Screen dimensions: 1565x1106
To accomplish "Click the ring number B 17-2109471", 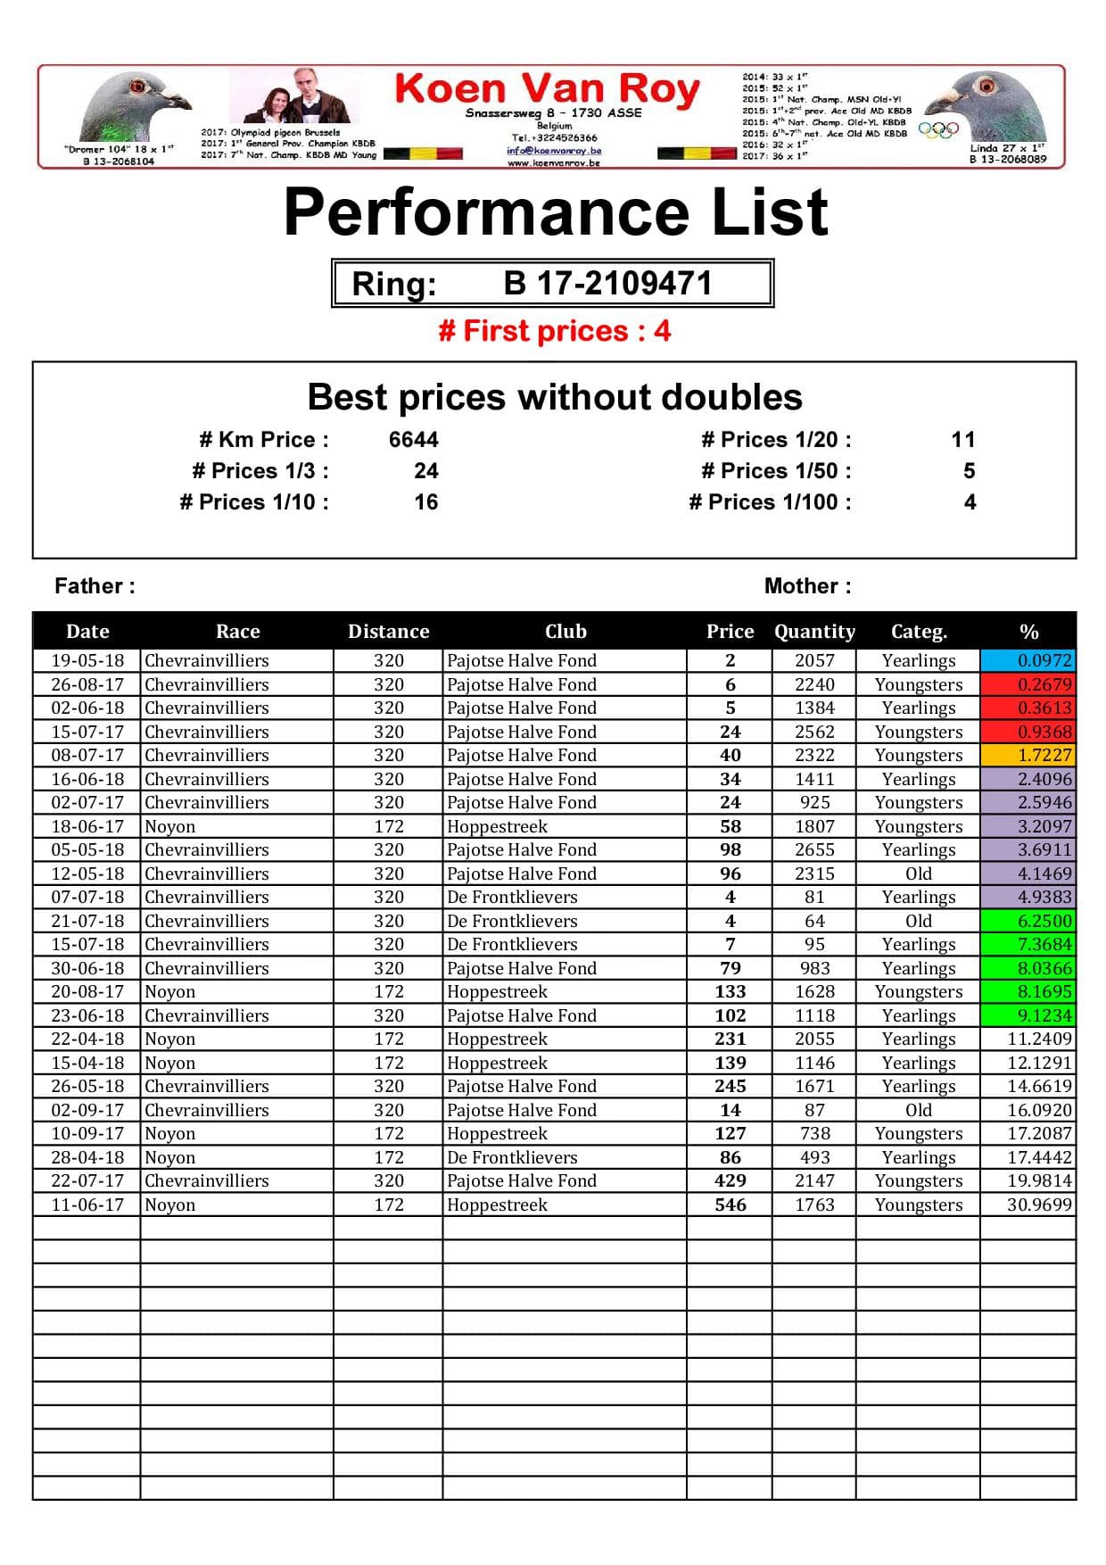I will click(x=607, y=284).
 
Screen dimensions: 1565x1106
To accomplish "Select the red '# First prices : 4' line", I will click(x=554, y=331).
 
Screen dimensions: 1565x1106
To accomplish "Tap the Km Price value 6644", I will click(x=413, y=440).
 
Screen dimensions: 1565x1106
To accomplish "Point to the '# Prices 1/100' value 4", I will click(x=970, y=502).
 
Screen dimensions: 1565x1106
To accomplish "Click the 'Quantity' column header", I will click(x=814, y=632).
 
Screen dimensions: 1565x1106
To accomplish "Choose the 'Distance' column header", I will click(x=388, y=632).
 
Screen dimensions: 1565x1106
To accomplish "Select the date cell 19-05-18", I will click(x=87, y=661).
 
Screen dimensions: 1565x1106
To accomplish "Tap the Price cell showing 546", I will click(x=730, y=1205).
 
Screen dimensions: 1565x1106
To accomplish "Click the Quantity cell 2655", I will click(x=814, y=850).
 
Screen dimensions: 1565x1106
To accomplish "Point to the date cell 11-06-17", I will click(x=87, y=1205).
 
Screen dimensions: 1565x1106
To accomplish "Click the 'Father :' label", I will click(x=95, y=586).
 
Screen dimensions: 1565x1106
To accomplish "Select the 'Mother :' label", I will click(x=807, y=586).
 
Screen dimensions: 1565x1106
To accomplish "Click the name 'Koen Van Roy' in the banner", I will click(x=547, y=89).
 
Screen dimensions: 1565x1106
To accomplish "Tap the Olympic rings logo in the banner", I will click(x=938, y=130).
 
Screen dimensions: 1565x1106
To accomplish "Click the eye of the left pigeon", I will click(x=136, y=87).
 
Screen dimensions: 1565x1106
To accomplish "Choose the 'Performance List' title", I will click(x=556, y=212).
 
